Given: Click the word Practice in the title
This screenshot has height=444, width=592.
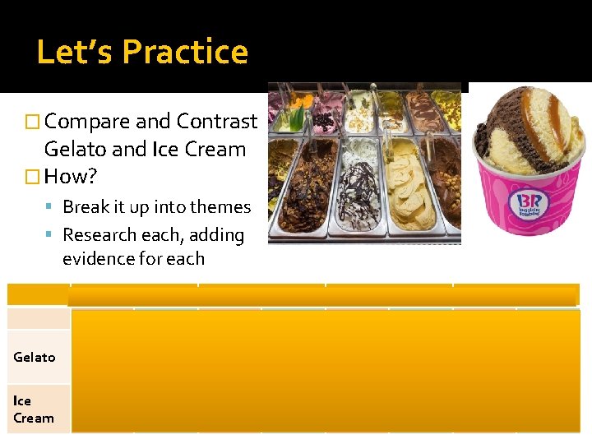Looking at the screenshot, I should click(185, 52).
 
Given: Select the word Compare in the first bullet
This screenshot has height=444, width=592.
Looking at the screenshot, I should click(87, 122).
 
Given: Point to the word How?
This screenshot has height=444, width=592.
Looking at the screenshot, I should click(72, 177).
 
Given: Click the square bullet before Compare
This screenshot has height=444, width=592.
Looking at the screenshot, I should click(33, 123).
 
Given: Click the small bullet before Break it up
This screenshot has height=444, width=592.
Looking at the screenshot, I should click(52, 208).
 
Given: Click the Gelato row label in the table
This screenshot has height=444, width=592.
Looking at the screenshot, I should click(35, 357).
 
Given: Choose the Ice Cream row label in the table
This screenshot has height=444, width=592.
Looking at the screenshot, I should click(33, 409).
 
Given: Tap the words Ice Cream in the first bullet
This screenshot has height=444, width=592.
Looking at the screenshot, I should click(199, 150).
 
